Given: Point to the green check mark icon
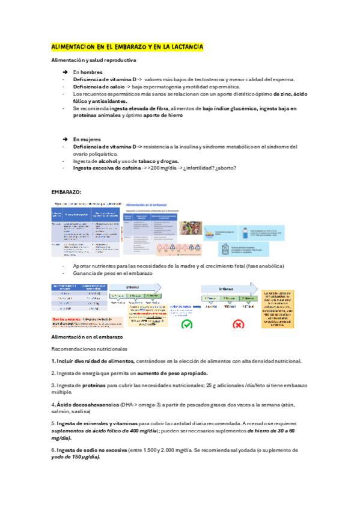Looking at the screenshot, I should [187, 324].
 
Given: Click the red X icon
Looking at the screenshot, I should [238, 324].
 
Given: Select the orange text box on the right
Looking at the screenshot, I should [278, 307].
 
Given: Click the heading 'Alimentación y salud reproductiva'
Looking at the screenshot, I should [93, 60].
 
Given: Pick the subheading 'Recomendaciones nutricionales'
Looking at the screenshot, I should [89, 349].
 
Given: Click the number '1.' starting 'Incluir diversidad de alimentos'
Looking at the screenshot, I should [53, 361].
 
